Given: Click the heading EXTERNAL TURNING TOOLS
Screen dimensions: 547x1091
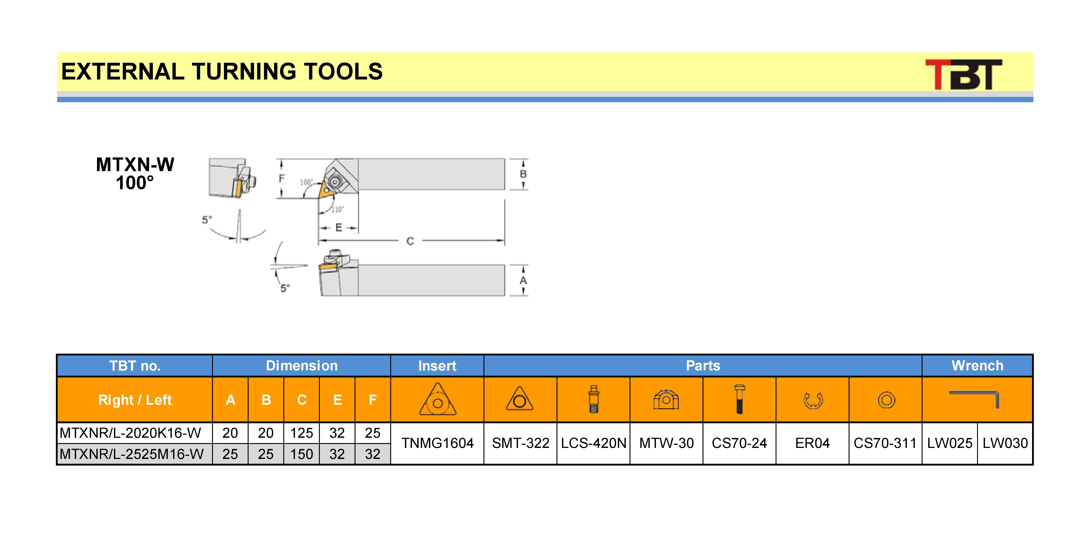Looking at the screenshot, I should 222,71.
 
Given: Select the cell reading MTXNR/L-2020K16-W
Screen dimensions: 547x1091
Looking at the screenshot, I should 130,433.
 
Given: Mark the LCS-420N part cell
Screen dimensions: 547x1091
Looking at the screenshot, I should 593,443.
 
